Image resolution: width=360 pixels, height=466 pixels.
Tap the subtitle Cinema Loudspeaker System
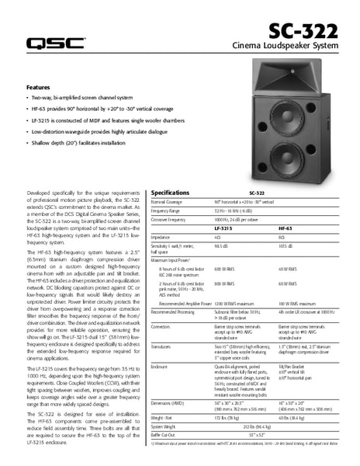[x=285, y=47]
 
